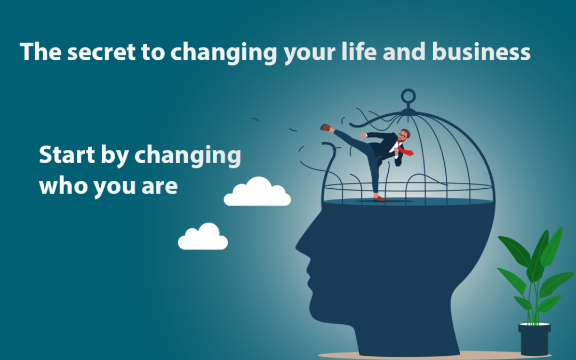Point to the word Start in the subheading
click(67, 155)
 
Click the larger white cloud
click(257, 192)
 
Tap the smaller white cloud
click(203, 237)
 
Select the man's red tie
click(405, 149)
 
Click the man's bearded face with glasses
click(403, 136)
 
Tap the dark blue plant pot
click(534, 339)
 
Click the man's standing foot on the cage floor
click(380, 199)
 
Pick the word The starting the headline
click(41, 51)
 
